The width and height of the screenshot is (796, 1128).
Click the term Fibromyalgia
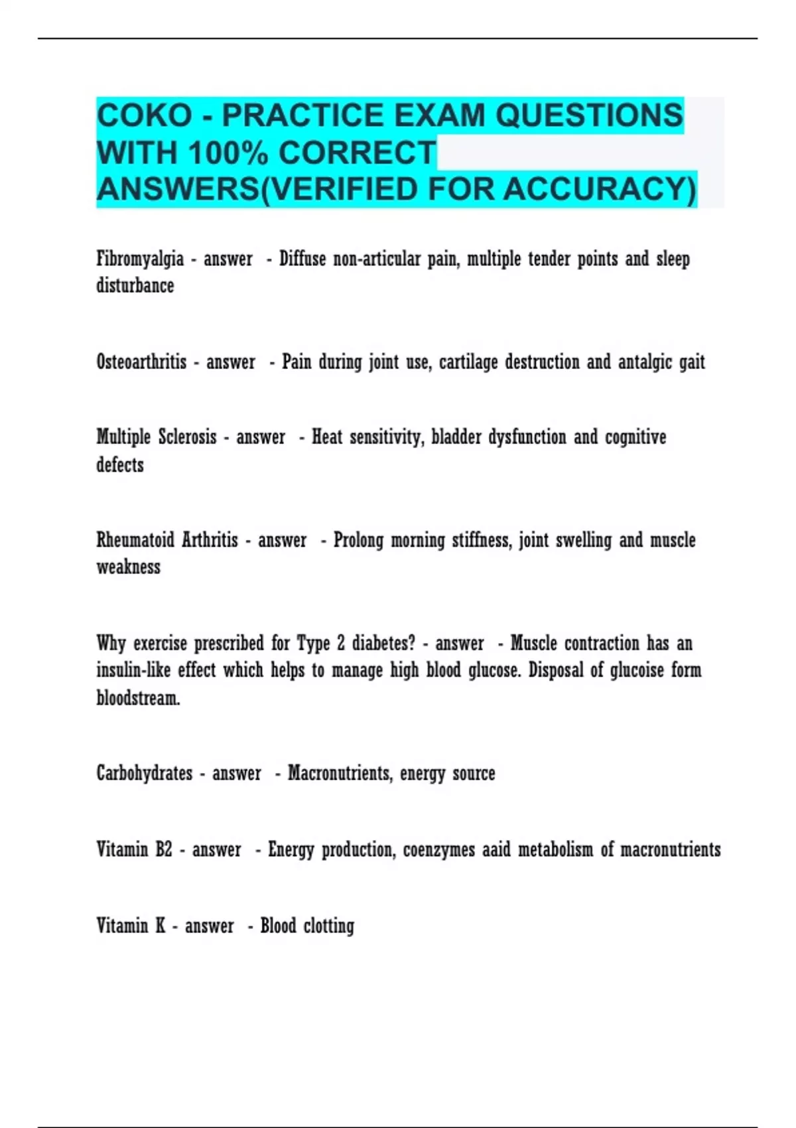tap(140, 259)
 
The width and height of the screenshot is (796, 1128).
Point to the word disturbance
tap(135, 286)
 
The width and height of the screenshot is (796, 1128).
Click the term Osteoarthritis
tap(141, 362)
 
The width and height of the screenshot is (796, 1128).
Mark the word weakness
tap(129, 567)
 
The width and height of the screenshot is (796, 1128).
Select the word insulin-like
tap(133, 670)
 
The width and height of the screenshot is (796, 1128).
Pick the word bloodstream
tap(138, 698)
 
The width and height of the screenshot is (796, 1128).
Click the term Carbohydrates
tap(145, 774)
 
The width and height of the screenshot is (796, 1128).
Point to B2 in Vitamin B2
tap(164, 850)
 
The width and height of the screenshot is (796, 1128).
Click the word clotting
tap(329, 926)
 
